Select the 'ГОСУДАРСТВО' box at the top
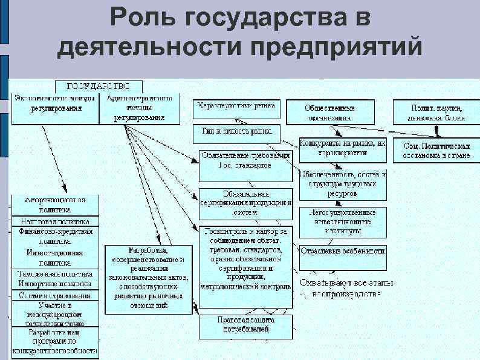(x=99, y=86)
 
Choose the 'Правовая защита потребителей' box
(x=246, y=325)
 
